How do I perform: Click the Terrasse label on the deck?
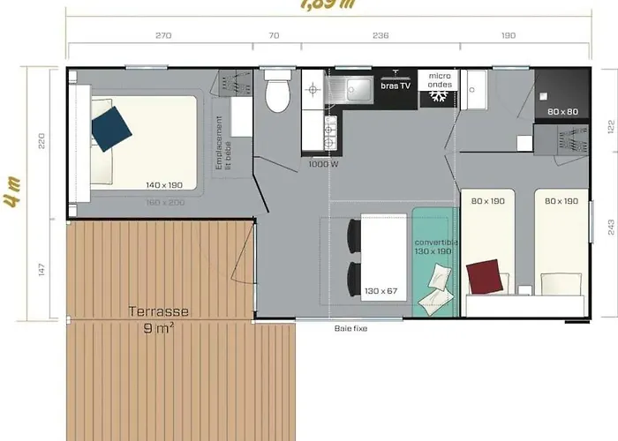[x=159, y=311]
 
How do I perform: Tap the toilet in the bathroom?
[x=276, y=93]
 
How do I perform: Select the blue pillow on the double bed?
[x=111, y=128]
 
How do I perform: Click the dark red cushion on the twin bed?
[x=485, y=275]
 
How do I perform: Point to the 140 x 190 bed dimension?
[x=165, y=184]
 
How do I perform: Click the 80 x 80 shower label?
[x=561, y=112]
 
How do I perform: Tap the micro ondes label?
[x=440, y=80]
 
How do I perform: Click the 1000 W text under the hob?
[x=324, y=164]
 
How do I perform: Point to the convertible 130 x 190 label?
[x=434, y=246]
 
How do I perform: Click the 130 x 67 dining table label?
[x=380, y=291]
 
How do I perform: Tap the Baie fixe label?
[x=350, y=329]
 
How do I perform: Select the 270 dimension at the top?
[x=162, y=36]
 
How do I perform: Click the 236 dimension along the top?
[x=381, y=36]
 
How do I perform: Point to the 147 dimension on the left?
[x=41, y=270]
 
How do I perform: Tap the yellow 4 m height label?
[x=12, y=201]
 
